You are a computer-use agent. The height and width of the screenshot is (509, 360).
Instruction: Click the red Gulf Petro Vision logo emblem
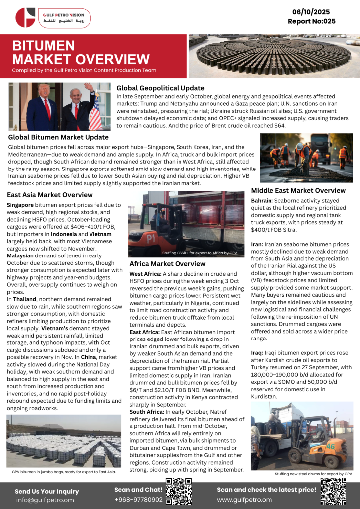coord(25,18)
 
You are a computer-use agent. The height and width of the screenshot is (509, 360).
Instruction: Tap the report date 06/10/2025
coord(312,12)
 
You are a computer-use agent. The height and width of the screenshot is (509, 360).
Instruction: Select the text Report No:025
coord(312,21)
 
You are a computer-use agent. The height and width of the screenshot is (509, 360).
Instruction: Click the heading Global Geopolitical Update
coord(160,88)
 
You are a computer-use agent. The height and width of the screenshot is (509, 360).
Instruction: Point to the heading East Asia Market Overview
coord(50,195)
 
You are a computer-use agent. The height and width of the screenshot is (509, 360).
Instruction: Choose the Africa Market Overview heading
coord(167,264)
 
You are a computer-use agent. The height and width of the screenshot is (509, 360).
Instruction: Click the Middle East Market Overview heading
coord(298,190)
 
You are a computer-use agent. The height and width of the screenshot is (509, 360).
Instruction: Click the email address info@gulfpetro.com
coord(45,500)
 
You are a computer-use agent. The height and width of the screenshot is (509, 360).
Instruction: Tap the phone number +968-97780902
coord(138,500)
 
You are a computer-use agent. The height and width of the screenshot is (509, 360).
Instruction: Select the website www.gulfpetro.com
coord(244,500)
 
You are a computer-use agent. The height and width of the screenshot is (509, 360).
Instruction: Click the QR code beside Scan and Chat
coord(179,492)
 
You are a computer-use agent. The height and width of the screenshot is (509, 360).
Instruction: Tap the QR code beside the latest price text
coord(333,492)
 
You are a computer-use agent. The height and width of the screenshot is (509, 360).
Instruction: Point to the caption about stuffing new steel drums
coord(313,474)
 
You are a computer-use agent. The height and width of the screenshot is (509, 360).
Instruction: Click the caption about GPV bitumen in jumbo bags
coord(64,471)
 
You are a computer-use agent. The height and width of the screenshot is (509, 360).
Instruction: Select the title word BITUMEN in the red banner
coord(44,46)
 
